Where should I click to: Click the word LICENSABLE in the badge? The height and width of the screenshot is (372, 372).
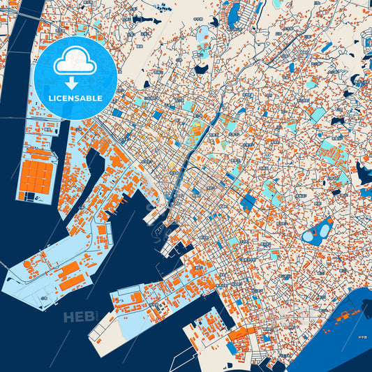[76, 98]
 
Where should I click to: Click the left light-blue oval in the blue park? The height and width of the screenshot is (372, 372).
[309, 237]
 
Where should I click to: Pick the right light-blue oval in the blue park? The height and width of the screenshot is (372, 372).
[325, 227]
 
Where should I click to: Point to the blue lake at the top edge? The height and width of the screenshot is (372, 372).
[234, 11]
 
